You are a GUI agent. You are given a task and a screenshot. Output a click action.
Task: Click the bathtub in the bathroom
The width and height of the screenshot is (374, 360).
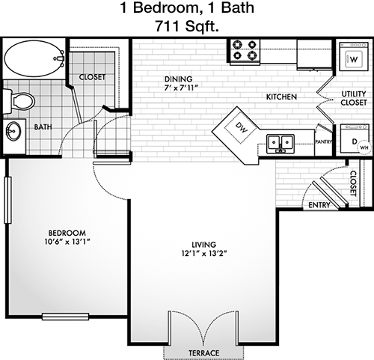pos(34,59)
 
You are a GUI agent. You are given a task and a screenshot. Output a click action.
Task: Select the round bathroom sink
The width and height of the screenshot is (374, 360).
pos(13,132)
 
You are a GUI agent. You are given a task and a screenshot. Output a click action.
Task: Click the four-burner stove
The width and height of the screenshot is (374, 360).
pos(245,51)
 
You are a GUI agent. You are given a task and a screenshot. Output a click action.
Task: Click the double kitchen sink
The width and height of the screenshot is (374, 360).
pos(280,144)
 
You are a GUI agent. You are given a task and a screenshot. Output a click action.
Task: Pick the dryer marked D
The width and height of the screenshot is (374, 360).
pos(354,138)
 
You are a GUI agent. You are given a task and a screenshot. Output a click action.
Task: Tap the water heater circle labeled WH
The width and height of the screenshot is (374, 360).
pos(364,147)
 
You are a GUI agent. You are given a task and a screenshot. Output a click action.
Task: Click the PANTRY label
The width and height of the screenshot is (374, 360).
pos(324,142)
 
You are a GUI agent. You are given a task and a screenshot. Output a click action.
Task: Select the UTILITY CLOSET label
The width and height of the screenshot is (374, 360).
pos(354,98)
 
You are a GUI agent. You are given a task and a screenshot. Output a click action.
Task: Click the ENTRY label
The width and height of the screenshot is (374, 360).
pos(319,205)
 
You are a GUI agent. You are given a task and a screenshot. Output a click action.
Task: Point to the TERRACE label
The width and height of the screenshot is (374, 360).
pos(204,353)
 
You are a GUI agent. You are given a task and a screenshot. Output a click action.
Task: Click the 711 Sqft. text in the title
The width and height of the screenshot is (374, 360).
pos(187,26)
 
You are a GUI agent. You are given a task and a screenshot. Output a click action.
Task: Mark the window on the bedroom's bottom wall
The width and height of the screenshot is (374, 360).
pos(66,317)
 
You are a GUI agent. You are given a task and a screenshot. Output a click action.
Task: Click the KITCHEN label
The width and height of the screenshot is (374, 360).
pos(281,97)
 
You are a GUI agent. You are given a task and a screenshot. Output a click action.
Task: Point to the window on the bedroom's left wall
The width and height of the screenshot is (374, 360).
pos(7,200)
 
